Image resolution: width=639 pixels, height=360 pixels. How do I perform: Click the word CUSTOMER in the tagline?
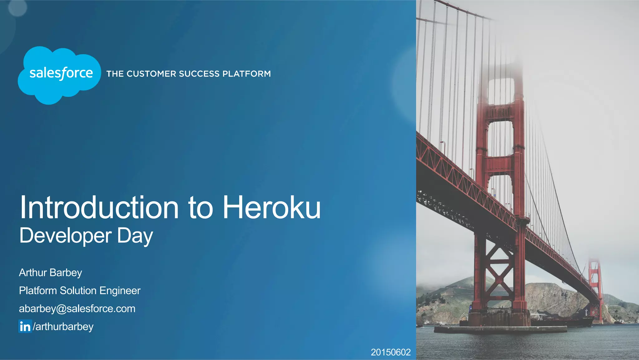point(151,74)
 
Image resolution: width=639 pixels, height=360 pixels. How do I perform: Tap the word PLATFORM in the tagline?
point(246,74)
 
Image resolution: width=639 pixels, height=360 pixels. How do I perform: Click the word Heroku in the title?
point(271,208)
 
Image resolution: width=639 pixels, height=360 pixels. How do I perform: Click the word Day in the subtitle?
point(135,236)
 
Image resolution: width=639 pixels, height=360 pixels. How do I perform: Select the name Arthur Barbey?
point(50,273)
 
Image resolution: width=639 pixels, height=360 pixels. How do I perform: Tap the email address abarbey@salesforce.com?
point(77,309)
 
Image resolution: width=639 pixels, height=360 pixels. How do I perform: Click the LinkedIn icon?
point(25,326)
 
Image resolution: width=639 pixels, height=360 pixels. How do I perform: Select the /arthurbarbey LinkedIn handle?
point(63,327)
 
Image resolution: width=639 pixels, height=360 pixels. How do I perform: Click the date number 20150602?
point(390,352)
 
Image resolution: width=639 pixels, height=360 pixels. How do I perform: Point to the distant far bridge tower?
point(595,287)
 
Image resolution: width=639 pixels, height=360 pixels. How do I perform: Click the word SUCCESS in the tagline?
point(199,74)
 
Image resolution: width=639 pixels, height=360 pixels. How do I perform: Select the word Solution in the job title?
point(78,291)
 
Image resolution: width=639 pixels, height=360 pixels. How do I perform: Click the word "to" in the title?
point(200,208)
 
